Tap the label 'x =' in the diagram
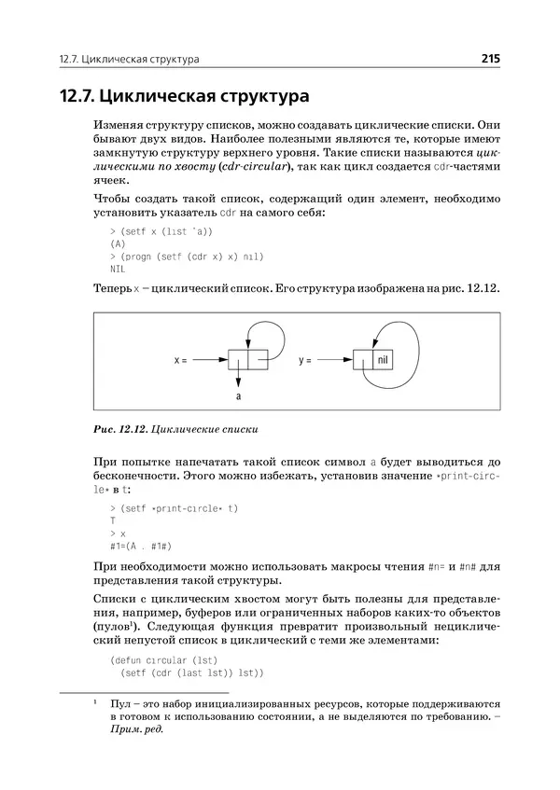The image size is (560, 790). point(181,358)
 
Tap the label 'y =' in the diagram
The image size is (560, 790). point(305,358)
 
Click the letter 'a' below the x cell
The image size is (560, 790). point(239,395)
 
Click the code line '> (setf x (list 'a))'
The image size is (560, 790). point(161,230)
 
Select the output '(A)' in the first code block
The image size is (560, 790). point(118,243)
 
